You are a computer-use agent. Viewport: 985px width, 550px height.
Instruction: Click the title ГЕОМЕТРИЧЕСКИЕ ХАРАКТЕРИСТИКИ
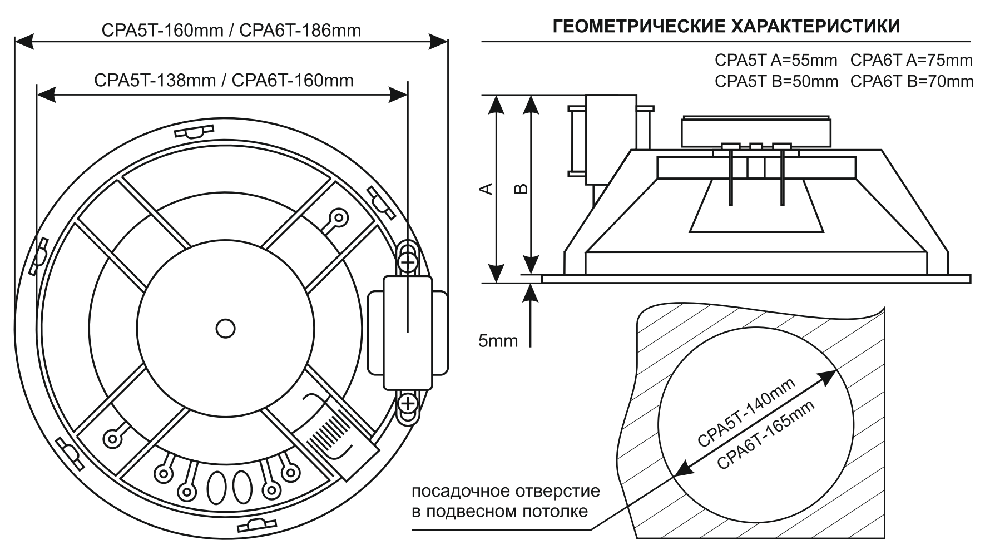click(726, 26)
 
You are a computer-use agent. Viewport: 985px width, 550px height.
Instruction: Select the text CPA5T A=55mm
click(776, 60)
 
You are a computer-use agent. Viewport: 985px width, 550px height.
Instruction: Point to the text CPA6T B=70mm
click(912, 81)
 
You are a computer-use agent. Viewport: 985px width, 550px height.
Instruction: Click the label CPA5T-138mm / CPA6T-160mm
click(224, 80)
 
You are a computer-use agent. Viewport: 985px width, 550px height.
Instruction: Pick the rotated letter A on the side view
click(486, 189)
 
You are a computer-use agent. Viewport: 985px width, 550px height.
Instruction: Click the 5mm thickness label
click(498, 340)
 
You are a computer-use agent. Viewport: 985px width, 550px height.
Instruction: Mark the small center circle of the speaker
click(225, 328)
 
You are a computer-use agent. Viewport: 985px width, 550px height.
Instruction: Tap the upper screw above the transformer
click(408, 261)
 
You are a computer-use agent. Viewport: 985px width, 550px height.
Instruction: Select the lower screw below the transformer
click(408, 402)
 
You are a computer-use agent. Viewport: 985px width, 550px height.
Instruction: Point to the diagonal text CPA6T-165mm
click(766, 435)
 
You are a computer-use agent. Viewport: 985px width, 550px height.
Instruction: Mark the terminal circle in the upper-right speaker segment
click(337, 216)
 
